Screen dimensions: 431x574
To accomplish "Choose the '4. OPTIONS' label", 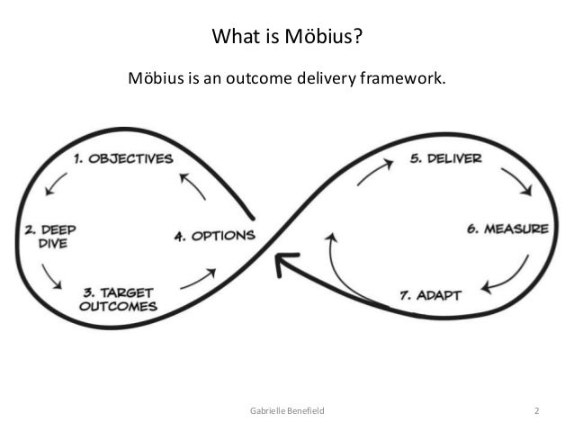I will (213, 237).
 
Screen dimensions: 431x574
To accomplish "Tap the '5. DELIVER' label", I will (445, 158).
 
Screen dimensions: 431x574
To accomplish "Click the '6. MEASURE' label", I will (506, 229).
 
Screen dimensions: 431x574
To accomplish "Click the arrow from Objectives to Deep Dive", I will (55, 184).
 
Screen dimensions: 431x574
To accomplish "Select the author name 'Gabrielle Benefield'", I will (287, 411).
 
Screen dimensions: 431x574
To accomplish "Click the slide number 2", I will (537, 411).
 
